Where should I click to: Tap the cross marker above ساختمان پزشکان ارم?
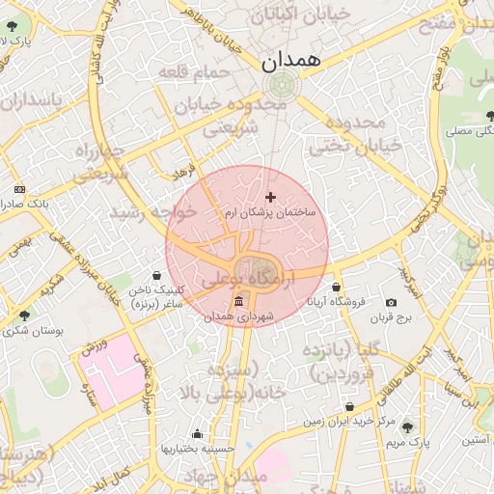coord(270,197)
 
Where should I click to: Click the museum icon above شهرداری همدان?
coord(238,302)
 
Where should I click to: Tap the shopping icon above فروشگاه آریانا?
coord(336,288)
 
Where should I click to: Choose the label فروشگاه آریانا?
coord(336,302)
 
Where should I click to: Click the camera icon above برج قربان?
coord(391,302)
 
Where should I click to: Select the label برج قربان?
coord(392,316)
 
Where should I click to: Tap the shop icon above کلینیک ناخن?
coord(157,276)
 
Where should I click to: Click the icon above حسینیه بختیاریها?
coord(198,434)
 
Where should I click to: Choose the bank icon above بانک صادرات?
coord(20,190)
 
